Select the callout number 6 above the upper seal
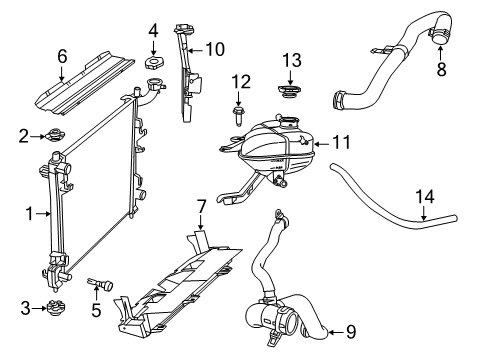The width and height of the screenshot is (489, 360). click(x=62, y=57)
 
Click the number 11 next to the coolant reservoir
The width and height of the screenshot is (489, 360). click(x=343, y=144)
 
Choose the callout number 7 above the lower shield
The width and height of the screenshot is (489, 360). click(x=201, y=207)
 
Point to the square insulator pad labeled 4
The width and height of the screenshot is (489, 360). click(x=154, y=66)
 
